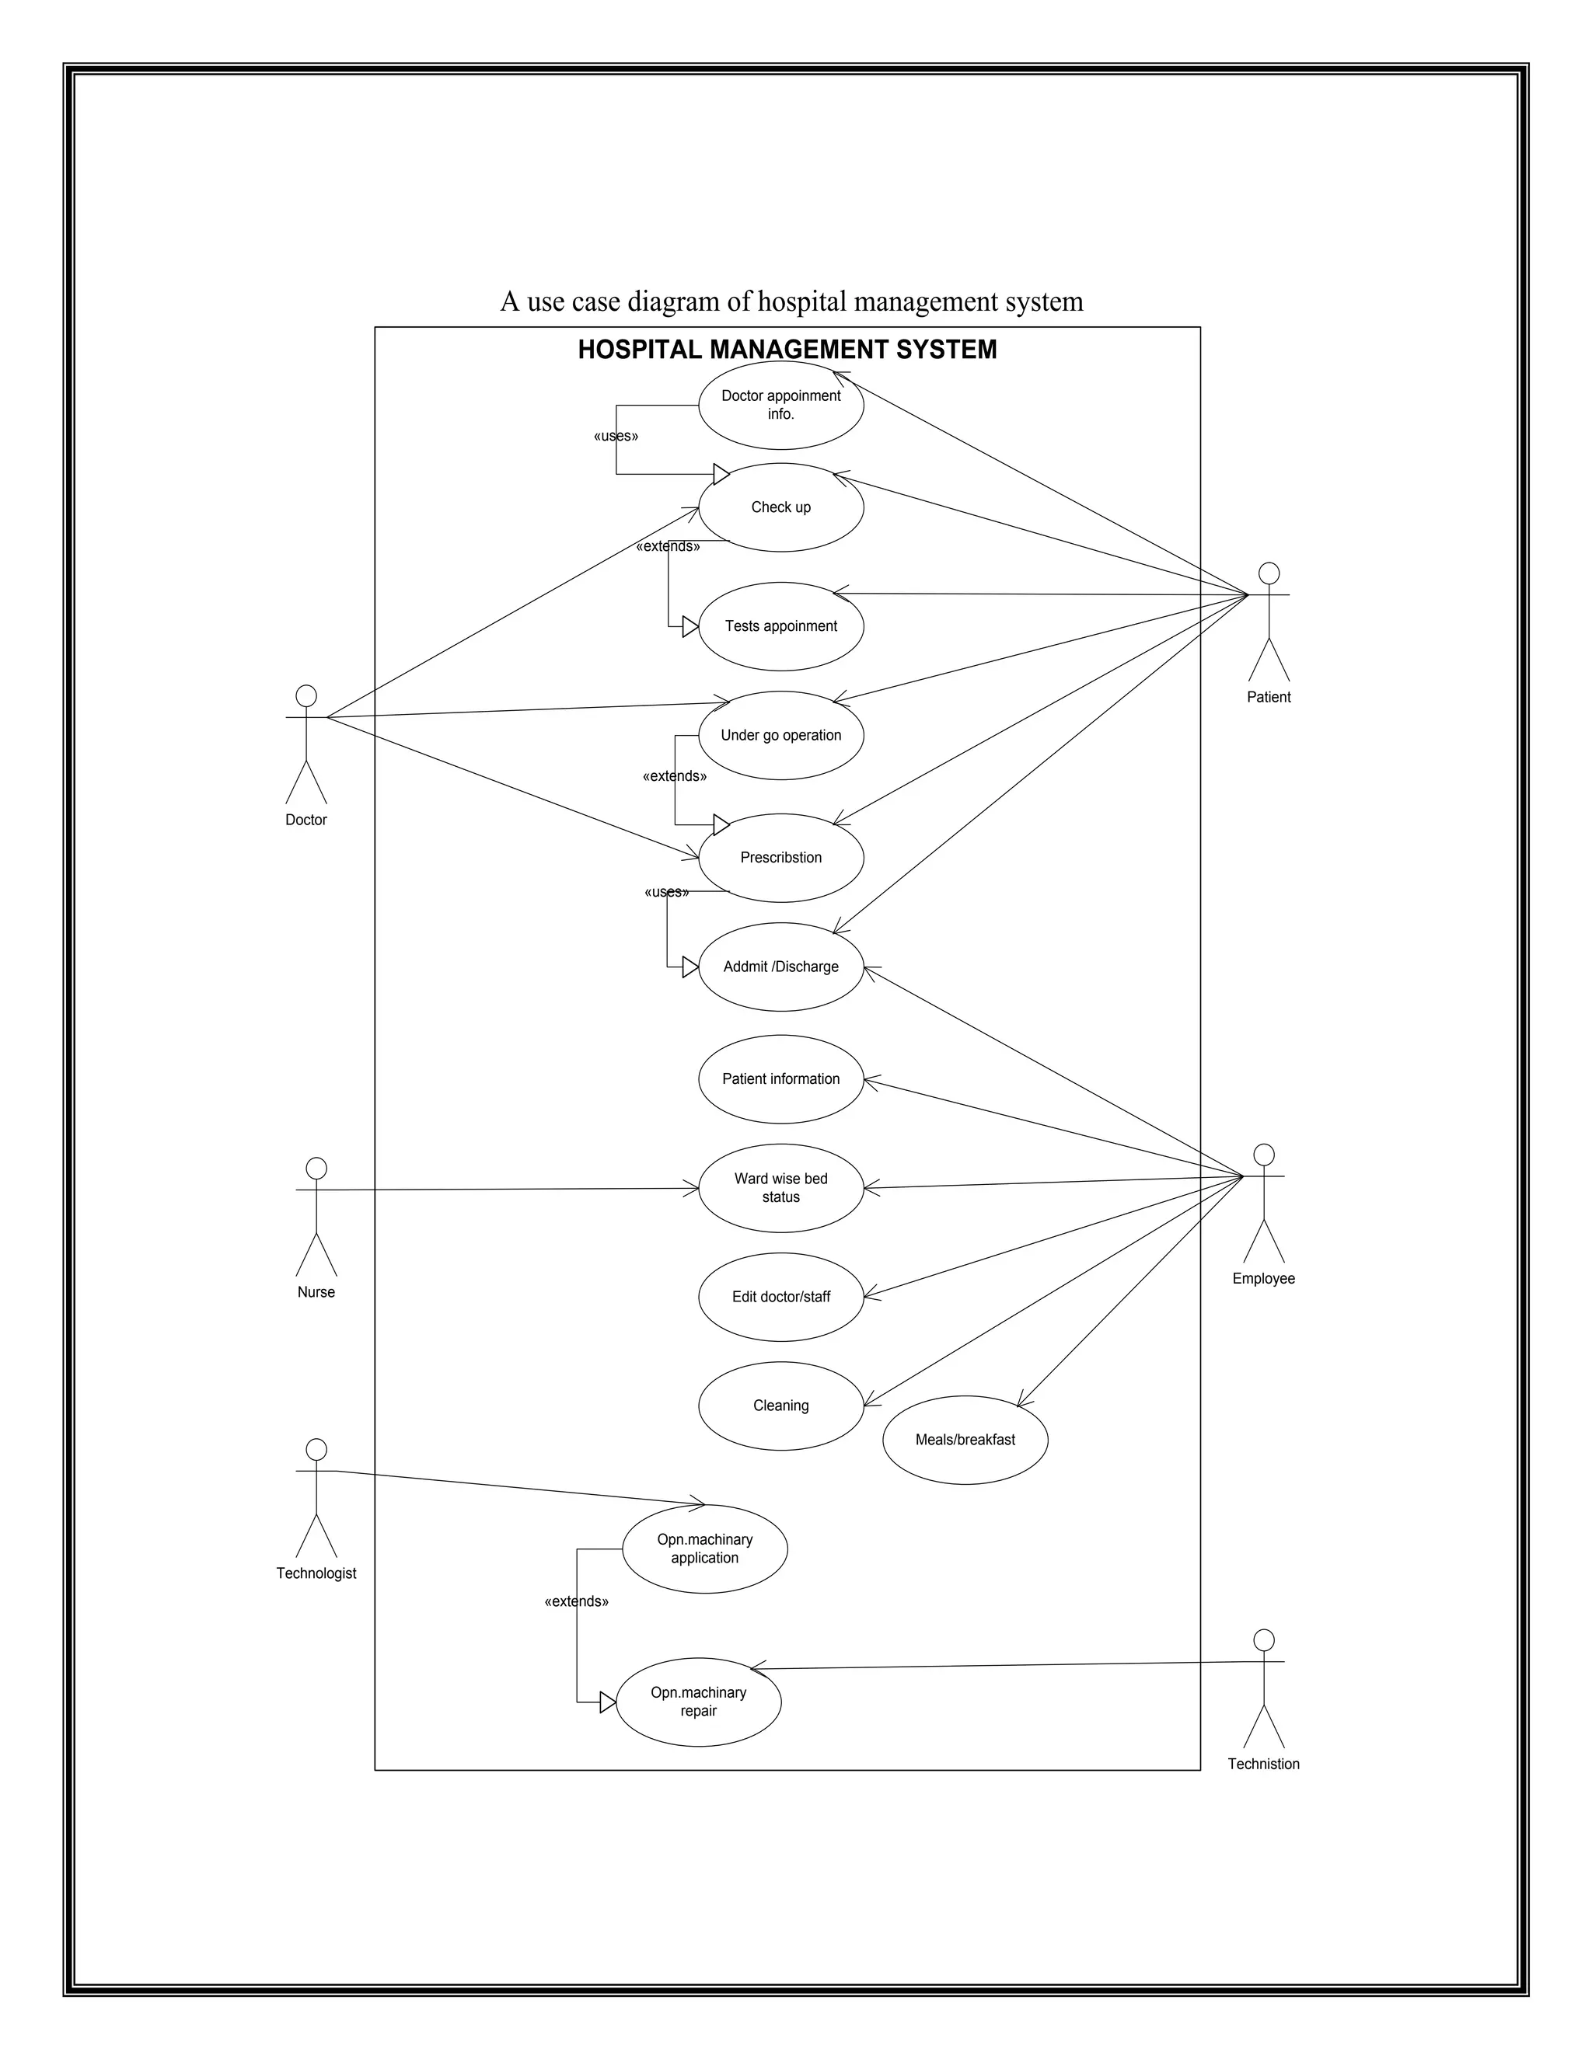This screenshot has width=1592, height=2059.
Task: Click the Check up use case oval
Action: click(781, 507)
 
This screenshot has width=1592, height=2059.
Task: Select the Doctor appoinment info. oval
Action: click(781, 406)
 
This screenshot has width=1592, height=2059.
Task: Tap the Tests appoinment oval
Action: click(781, 626)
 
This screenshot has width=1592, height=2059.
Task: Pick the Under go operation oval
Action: click(781, 735)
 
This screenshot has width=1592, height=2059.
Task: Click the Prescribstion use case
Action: click(781, 858)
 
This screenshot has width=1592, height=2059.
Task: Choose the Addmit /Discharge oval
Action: click(781, 967)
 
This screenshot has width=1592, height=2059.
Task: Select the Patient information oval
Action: click(781, 1078)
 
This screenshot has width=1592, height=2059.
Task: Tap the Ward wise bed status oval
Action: click(781, 1188)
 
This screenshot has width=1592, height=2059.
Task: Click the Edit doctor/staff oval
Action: click(781, 1298)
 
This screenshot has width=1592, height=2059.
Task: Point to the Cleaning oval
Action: click(781, 1406)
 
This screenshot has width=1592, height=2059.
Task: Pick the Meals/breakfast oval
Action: click(965, 1440)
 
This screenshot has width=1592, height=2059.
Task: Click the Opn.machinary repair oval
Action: click(698, 1702)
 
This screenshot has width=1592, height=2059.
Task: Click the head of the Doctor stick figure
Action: click(305, 695)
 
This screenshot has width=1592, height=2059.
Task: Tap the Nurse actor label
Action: click(316, 1293)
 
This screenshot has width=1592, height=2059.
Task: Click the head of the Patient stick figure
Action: click(1269, 573)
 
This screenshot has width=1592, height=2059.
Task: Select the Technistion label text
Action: click(1263, 1764)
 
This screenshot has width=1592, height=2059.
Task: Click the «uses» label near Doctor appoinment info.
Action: click(616, 437)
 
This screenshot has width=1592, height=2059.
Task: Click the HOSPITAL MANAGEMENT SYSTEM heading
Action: click(787, 350)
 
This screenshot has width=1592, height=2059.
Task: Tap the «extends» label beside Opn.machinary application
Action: click(576, 1602)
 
